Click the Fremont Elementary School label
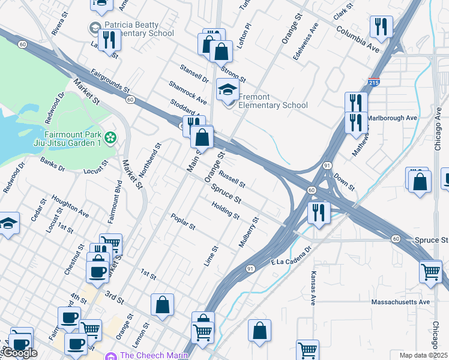click(273, 101)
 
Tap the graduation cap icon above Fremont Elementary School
click(228, 90)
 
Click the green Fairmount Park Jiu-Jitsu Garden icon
click(110, 139)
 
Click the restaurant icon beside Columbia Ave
click(381, 27)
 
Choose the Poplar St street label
click(183, 221)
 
